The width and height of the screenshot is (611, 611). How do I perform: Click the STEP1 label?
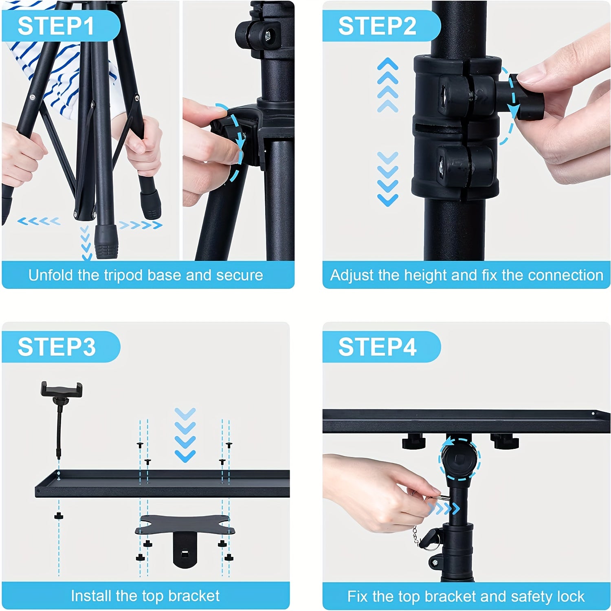click(56, 26)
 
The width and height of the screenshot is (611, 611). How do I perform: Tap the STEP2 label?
click(377, 26)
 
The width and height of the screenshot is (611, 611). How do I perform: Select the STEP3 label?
click(56, 347)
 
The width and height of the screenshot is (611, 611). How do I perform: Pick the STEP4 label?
click(377, 347)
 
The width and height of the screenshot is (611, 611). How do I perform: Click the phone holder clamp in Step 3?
click(62, 390)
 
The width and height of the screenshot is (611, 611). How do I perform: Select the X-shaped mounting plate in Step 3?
click(185, 525)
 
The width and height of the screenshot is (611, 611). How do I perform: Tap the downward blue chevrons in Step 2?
click(387, 179)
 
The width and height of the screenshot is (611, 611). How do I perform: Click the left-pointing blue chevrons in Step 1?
click(39, 222)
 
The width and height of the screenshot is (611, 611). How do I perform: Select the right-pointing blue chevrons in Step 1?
click(140, 225)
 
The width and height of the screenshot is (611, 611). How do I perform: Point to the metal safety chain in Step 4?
click(415, 535)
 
